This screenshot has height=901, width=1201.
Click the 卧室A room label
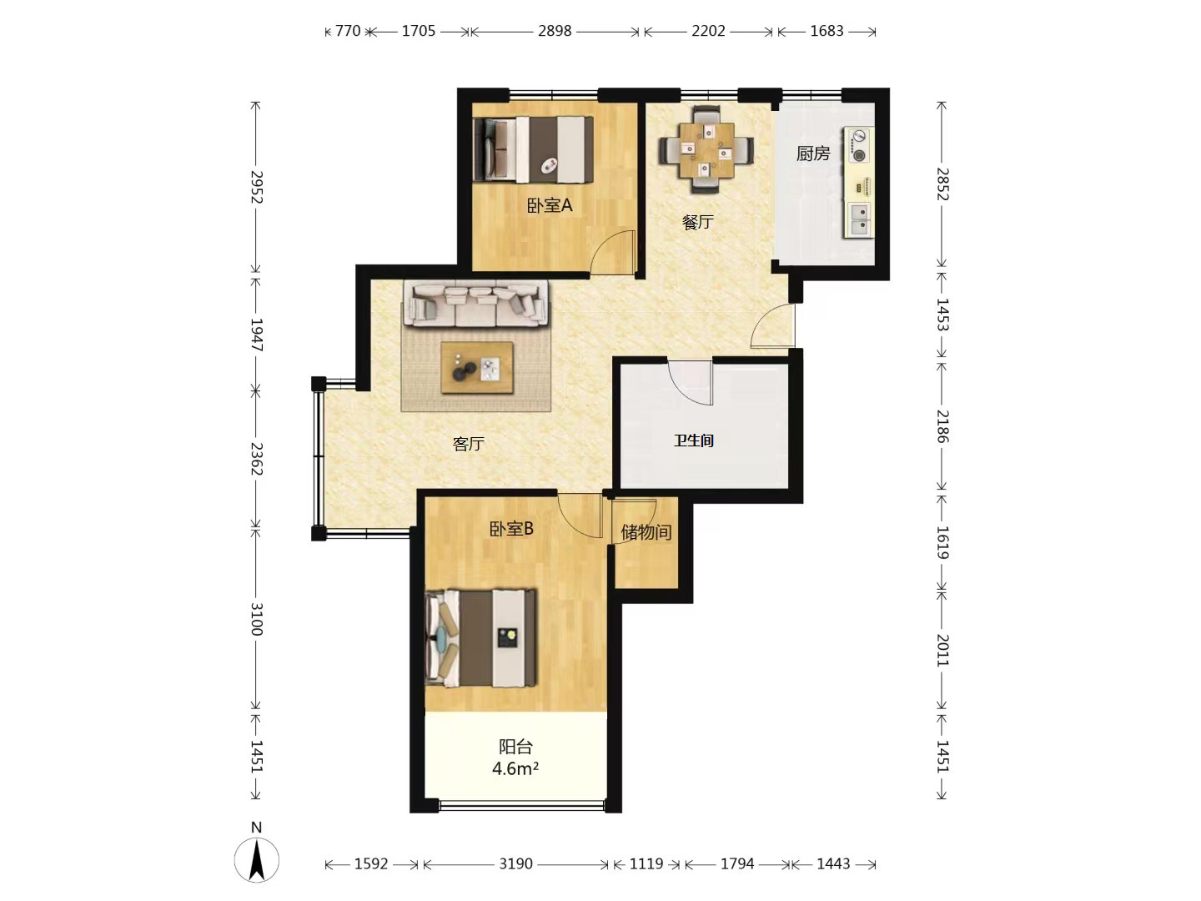(x=550, y=206)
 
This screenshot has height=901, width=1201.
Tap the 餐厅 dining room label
(x=697, y=222)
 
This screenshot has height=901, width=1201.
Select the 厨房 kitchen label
(x=813, y=154)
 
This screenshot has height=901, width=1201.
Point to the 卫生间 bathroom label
(x=694, y=440)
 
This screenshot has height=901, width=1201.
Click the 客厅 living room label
(x=469, y=444)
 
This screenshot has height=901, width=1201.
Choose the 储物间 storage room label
(x=646, y=531)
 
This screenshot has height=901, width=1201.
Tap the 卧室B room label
(x=511, y=529)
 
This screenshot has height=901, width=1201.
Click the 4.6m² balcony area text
(x=515, y=768)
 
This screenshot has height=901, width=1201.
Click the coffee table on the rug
(x=477, y=368)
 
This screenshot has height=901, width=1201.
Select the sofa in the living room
(x=476, y=304)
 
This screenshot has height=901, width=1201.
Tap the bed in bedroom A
(x=534, y=148)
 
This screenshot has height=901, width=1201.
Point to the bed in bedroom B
(x=480, y=638)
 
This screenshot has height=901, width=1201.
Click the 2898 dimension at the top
(x=555, y=31)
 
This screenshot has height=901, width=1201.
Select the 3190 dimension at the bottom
(x=515, y=863)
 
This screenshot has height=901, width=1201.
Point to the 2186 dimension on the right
(x=942, y=426)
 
